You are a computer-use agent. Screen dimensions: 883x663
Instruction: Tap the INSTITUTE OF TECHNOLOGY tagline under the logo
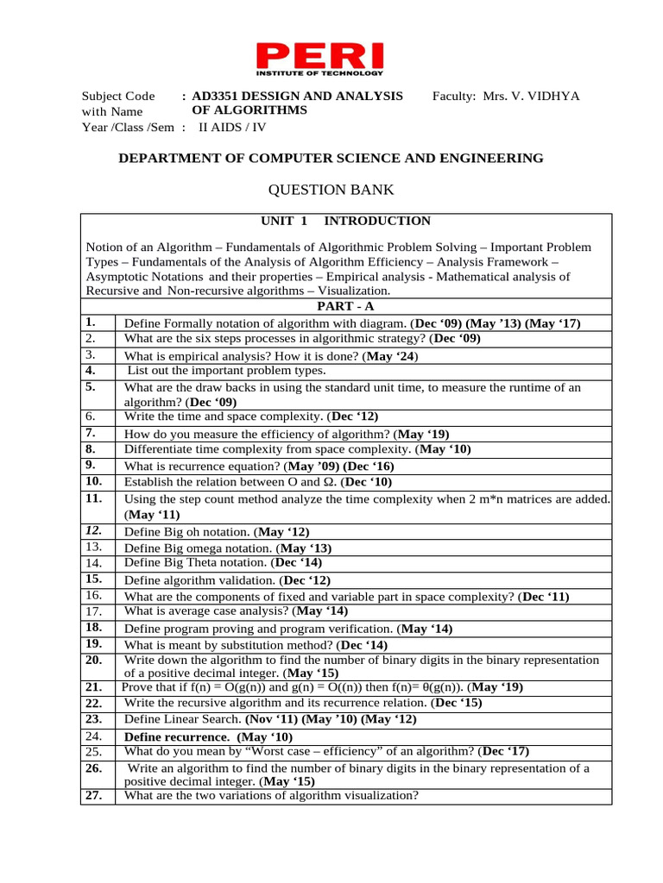pyautogui.click(x=320, y=74)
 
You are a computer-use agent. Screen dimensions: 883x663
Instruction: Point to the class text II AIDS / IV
pyautogui.click(x=227, y=127)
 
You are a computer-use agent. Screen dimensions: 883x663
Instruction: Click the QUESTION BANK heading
pyautogui.click(x=331, y=190)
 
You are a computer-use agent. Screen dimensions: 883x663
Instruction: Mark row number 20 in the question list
pyautogui.click(x=94, y=659)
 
